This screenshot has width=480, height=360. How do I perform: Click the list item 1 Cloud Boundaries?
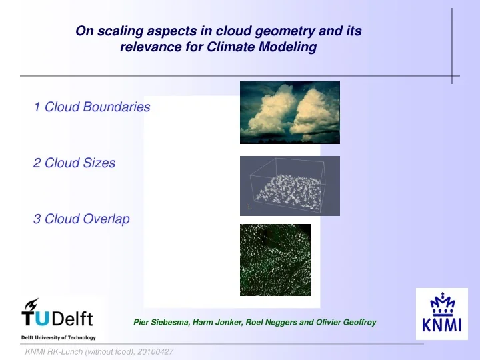click(91, 107)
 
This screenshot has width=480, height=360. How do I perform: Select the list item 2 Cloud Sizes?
click(74, 163)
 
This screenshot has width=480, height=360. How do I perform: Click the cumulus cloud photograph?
click(289, 113)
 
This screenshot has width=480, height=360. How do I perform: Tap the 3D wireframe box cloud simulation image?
click(289, 186)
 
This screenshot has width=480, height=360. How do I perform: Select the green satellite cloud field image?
click(275, 260)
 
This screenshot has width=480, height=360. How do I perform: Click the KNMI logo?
click(441, 319)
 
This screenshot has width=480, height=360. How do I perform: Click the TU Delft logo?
click(57, 316)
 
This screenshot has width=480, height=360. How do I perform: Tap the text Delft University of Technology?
click(59, 337)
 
